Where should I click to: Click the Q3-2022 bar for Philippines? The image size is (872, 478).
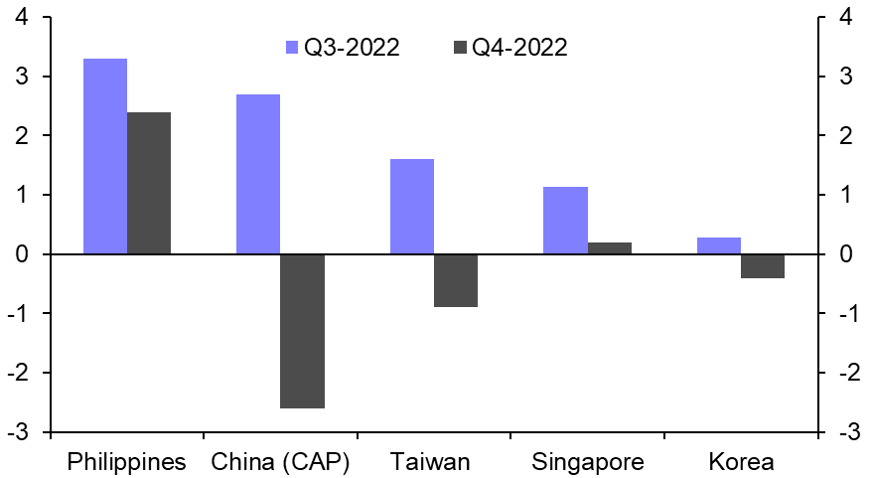pos(104,156)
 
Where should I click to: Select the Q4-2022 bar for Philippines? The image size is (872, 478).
pos(149,183)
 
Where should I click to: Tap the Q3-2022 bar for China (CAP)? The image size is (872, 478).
pos(258,174)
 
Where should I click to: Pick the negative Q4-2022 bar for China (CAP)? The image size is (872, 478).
pos(302,331)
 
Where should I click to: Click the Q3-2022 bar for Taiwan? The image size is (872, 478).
pos(411,207)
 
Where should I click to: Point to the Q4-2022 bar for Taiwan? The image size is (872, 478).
pos(456,280)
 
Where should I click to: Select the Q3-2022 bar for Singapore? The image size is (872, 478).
pos(565,221)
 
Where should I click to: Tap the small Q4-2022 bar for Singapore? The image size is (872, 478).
pos(610,248)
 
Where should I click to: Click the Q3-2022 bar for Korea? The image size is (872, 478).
pos(719,245)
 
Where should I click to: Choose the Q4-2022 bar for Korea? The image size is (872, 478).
pos(763,266)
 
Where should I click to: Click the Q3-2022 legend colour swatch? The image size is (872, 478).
pos(291,47)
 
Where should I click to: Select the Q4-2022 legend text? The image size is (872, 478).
pos(519,47)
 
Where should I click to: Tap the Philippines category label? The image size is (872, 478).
pos(126,462)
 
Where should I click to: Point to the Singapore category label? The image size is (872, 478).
pos(588,462)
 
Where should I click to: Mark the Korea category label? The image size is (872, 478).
pos(741,462)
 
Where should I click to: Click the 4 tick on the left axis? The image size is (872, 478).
pos(21,17)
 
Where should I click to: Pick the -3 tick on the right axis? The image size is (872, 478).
pos(846,432)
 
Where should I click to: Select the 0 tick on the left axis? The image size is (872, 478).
pos(21,254)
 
